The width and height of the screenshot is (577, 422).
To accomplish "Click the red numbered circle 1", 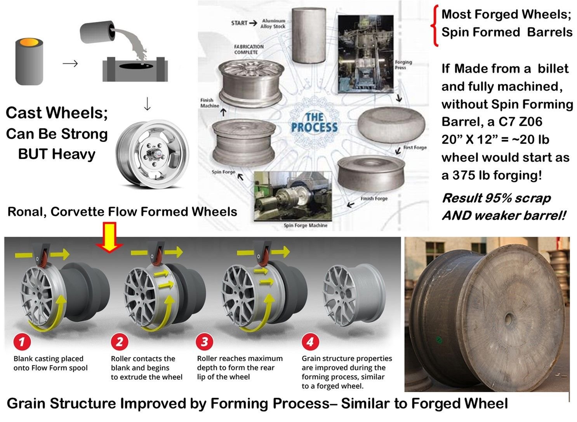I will pos(22,342).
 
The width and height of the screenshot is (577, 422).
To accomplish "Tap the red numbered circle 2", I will pos(120,342).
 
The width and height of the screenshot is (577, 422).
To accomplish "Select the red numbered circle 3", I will pos(205,342).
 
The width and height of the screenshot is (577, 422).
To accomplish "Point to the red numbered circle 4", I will pos(310,342).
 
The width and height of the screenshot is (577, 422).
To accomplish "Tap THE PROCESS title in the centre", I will pos(314,122).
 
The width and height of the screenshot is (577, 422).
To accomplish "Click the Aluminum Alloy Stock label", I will pos(273,23).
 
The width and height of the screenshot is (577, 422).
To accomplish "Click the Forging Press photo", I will pos(365,54).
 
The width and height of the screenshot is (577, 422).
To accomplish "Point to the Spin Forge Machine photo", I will pos(294,197).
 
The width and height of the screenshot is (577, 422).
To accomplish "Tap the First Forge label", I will pos(415,147).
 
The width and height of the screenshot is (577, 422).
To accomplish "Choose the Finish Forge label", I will pos(374,198).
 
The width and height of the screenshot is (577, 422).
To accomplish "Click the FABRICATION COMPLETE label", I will pos(249,49).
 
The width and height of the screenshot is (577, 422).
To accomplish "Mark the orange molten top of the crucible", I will pos(29,42).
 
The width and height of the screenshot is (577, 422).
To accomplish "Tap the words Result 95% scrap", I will pos(496,198).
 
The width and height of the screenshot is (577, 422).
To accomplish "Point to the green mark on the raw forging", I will pos(439,340).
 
